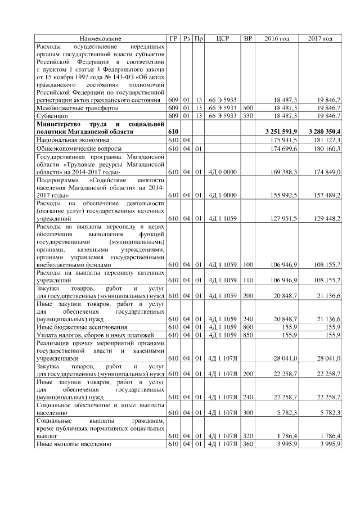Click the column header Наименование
click(x=100, y=38)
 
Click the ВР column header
click(x=247, y=38)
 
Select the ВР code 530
click(x=247, y=115)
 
